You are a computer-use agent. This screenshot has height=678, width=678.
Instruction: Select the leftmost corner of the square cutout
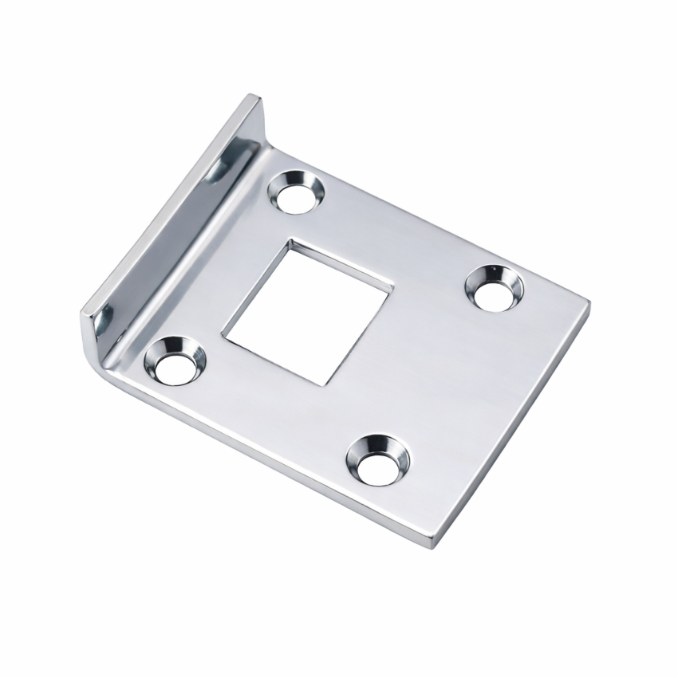(x=223, y=334)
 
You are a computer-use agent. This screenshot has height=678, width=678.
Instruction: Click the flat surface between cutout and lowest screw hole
(x=351, y=415)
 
